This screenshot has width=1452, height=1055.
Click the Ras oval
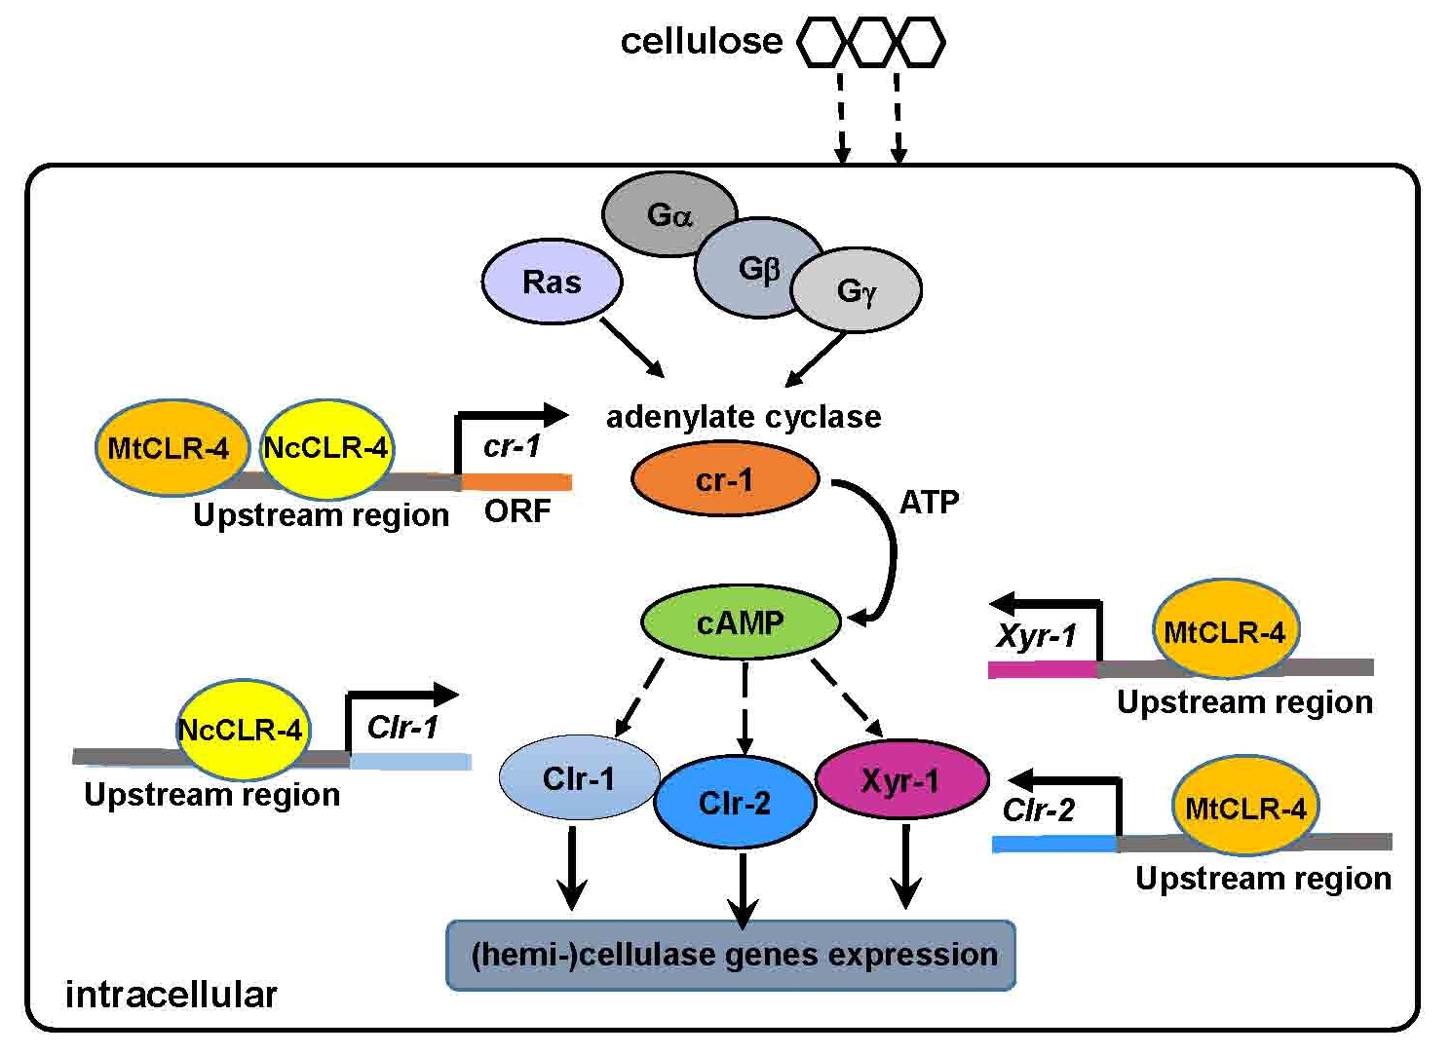[552, 283]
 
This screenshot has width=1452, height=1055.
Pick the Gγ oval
[857, 290]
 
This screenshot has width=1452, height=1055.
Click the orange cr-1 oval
[724, 479]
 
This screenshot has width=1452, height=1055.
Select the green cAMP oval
[741, 622]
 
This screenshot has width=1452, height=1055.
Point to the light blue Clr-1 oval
[579, 778]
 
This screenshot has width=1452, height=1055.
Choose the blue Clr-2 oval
[735, 803]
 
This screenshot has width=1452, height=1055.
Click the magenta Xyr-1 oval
[901, 780]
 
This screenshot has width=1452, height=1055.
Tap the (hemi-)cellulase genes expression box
[731, 955]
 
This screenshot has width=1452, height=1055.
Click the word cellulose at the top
[701, 41]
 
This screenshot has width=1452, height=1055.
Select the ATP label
[929, 502]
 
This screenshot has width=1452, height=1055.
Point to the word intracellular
[171, 995]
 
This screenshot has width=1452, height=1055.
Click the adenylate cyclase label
[744, 417]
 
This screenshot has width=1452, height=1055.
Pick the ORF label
[517, 510]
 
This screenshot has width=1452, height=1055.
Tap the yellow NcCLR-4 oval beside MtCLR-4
[325, 448]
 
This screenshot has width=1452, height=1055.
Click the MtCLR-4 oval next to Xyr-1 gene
[1225, 631]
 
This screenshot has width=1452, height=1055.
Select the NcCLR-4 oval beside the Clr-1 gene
[241, 730]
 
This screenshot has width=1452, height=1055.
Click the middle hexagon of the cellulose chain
[870, 42]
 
